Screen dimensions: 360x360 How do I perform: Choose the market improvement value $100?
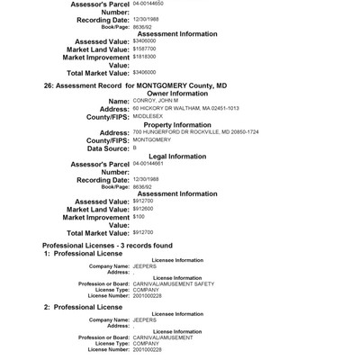pos(139,216)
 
